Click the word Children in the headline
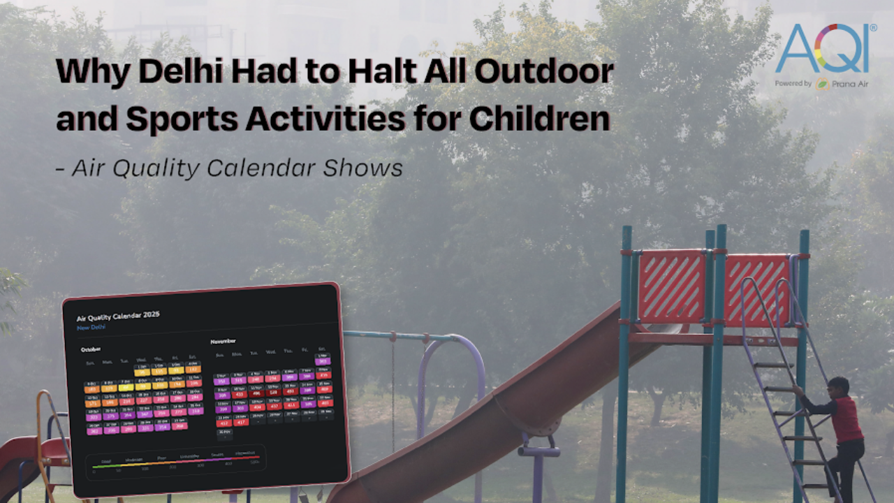(540, 119)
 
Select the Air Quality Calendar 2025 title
(118, 316)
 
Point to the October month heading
(91, 349)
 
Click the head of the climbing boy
(840, 386)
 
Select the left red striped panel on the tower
(671, 286)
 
